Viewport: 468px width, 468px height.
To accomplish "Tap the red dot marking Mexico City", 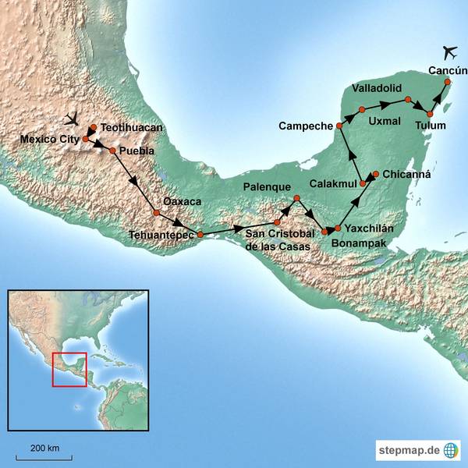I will tap(86, 140).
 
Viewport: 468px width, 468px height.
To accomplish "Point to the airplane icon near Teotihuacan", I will tap(73, 119).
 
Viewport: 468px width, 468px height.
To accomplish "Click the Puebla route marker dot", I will tap(112, 151).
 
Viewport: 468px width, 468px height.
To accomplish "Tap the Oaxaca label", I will tap(182, 201).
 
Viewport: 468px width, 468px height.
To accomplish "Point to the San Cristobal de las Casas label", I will tap(278, 240).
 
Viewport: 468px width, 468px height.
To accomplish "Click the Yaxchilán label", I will tap(370, 229).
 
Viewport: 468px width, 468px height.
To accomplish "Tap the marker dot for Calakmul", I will tap(363, 183).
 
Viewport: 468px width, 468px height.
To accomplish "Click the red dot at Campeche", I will tap(339, 126).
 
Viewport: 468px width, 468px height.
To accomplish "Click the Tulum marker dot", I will tap(430, 115).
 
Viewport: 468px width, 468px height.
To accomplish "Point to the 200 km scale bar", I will tap(44, 457).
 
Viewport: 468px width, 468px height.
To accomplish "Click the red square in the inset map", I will tap(69, 369).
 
